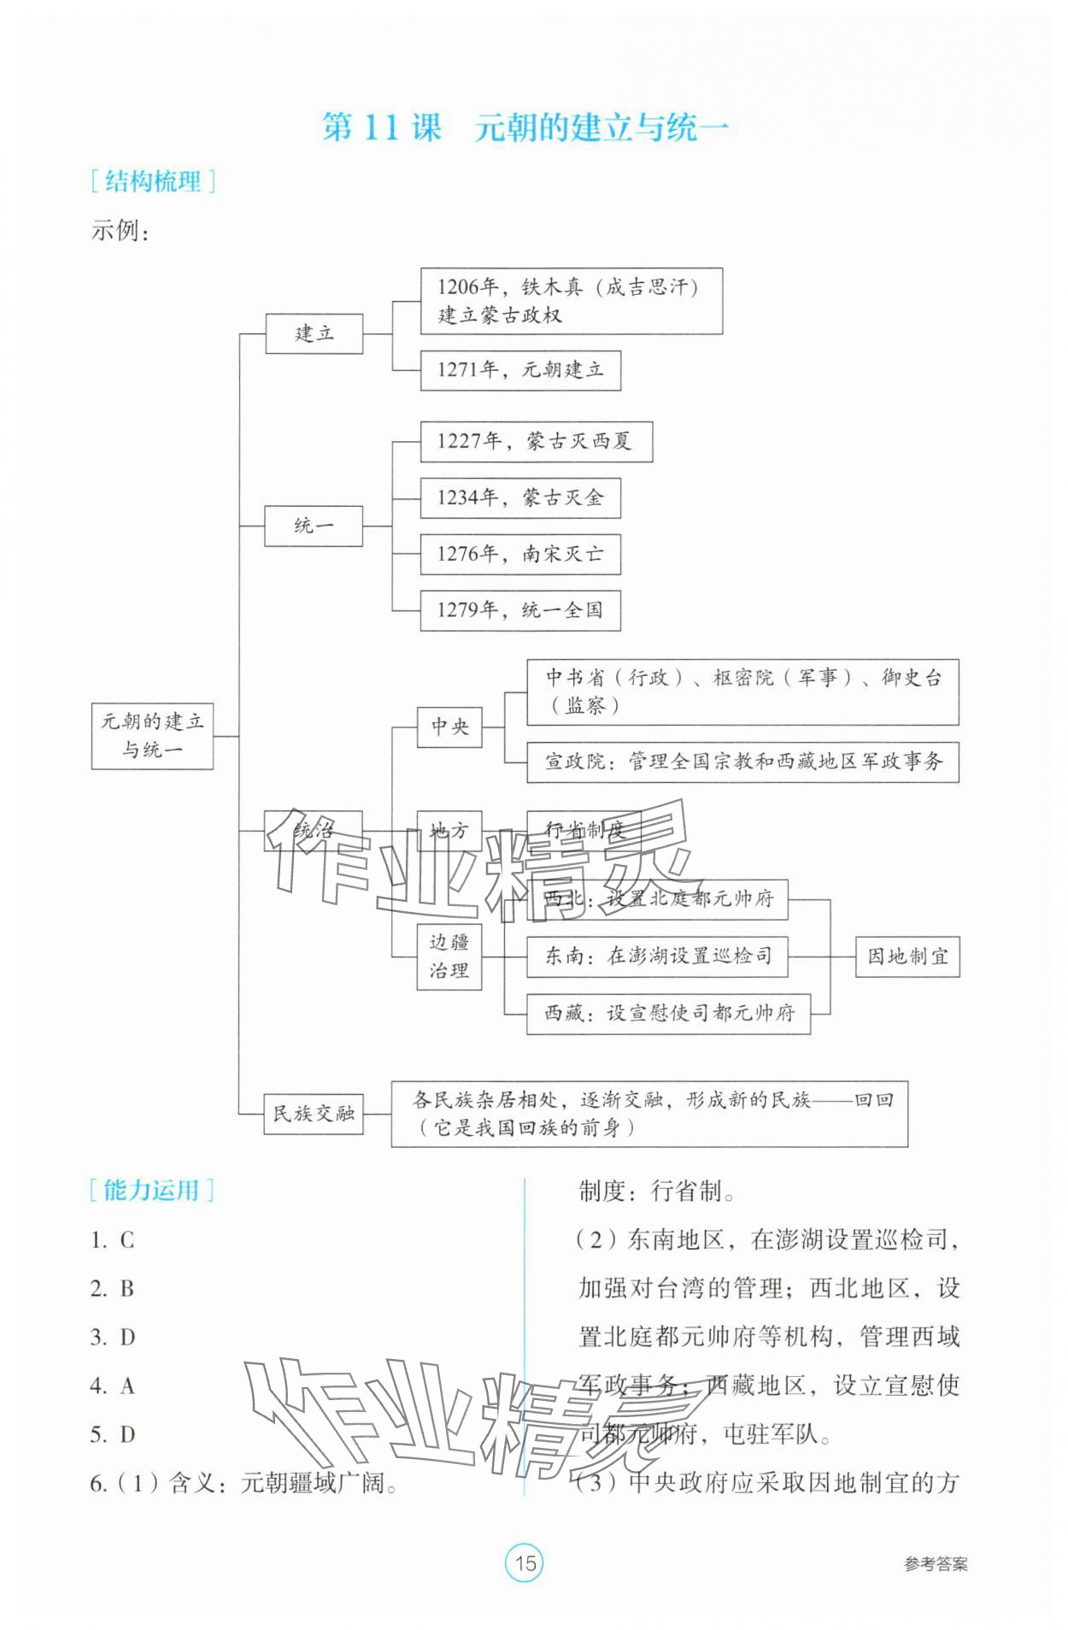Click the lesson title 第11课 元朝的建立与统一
tap(525, 127)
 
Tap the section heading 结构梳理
tap(152, 181)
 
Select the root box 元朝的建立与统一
tap(152, 735)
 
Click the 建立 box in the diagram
tap(314, 332)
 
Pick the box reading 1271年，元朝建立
tap(519, 370)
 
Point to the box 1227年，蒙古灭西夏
tap(536, 441)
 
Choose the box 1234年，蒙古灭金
tap(519, 497)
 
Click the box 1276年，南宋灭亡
tap(519, 554)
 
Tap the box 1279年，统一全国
tap(519, 610)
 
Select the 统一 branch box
tap(314, 525)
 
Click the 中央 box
tap(449, 727)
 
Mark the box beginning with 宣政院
tap(742, 761)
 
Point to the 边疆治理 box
tap(449, 956)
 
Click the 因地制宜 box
tap(907, 956)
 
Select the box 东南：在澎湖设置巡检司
tap(656, 956)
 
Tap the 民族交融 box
tap(314, 1113)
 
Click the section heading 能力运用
tap(151, 1190)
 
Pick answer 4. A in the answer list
tap(113, 1386)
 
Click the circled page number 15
tap(525, 1563)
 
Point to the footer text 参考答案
tap(936, 1564)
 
